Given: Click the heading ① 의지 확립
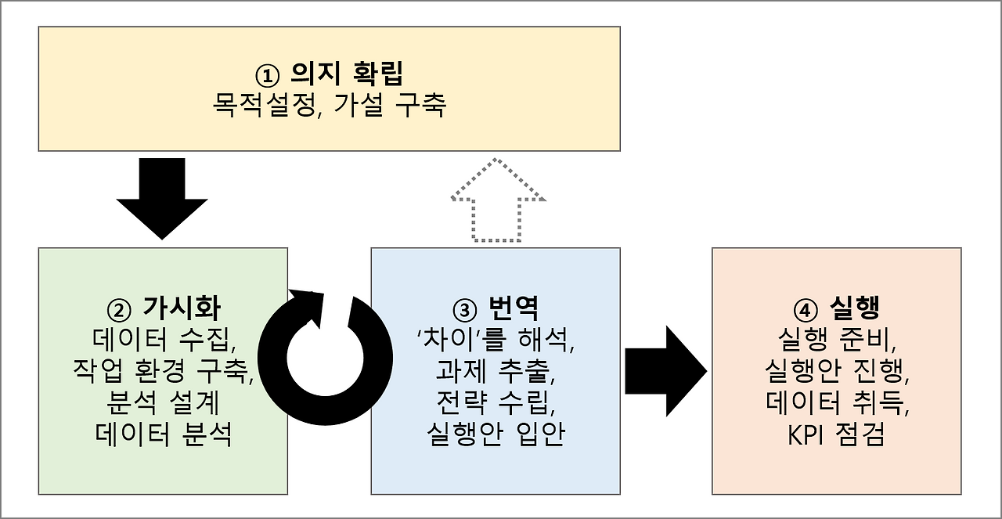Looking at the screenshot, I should (x=330, y=74).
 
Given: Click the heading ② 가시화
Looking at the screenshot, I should (x=163, y=308).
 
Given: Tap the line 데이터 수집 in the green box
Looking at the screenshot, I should (x=163, y=340).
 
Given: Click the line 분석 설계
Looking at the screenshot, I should (x=163, y=402).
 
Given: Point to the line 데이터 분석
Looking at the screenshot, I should (x=163, y=434).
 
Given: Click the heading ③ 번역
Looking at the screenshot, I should (x=496, y=308).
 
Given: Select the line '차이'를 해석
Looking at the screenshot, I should (x=496, y=340).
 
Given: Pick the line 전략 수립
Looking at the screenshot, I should (x=496, y=402).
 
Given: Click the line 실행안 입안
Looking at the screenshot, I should (x=496, y=434).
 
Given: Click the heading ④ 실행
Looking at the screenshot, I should (x=836, y=308).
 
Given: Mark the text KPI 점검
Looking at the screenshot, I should (x=836, y=434).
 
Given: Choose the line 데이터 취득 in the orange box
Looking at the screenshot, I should (x=836, y=402).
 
